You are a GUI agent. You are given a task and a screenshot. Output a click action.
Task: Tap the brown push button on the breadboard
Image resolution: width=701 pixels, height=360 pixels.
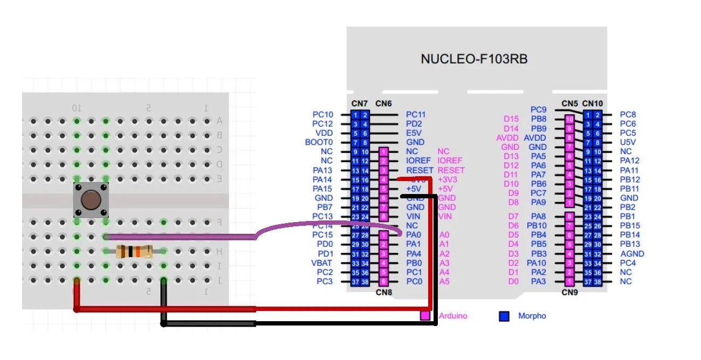point(91,200)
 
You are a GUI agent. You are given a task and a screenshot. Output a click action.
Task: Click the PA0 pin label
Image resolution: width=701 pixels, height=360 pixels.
point(413,235)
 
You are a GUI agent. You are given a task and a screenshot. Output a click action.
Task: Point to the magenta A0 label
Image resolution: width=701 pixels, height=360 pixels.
point(444,235)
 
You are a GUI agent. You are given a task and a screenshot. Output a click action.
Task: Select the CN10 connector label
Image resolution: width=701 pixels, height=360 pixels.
point(593,103)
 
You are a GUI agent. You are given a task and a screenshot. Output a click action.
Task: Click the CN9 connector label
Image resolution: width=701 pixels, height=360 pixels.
point(569,293)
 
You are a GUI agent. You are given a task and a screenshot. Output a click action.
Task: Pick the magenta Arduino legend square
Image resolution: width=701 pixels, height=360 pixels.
point(425,316)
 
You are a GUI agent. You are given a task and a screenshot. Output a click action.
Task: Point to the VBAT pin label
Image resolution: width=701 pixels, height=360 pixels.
point(322,263)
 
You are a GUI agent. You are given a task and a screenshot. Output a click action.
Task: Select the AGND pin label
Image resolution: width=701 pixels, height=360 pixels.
point(632,254)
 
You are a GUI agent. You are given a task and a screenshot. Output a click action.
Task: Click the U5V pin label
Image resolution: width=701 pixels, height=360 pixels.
point(628,142)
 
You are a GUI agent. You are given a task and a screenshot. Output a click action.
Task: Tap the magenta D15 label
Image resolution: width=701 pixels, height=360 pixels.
point(511,119)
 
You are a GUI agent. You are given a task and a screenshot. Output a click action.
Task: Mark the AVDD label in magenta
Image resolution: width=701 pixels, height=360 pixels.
point(507,137)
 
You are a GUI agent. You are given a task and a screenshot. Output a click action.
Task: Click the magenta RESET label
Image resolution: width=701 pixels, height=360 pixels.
point(451,170)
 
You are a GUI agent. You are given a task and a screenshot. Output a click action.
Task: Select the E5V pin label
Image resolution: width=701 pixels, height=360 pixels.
point(414,133)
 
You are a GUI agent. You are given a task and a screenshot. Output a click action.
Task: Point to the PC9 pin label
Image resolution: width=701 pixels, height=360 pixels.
point(539,109)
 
